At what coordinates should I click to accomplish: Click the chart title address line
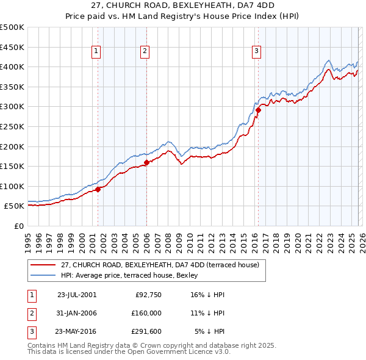pyautogui.click(x=183, y=5)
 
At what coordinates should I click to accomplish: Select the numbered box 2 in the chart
pyautogui.click(x=145, y=52)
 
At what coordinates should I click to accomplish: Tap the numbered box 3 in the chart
pyautogui.click(x=257, y=52)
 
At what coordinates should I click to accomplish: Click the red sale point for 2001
pyautogui.click(x=98, y=190)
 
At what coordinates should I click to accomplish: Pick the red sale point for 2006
pyautogui.click(x=146, y=163)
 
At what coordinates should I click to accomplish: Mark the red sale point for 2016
pyautogui.click(x=258, y=110)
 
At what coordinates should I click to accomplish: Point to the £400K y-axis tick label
pyautogui.click(x=12, y=67)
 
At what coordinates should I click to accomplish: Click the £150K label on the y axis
pyautogui.click(x=12, y=167)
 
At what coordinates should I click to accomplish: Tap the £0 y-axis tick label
pyautogui.click(x=18, y=226)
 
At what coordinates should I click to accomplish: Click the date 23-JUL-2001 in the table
pyautogui.click(x=76, y=295)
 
